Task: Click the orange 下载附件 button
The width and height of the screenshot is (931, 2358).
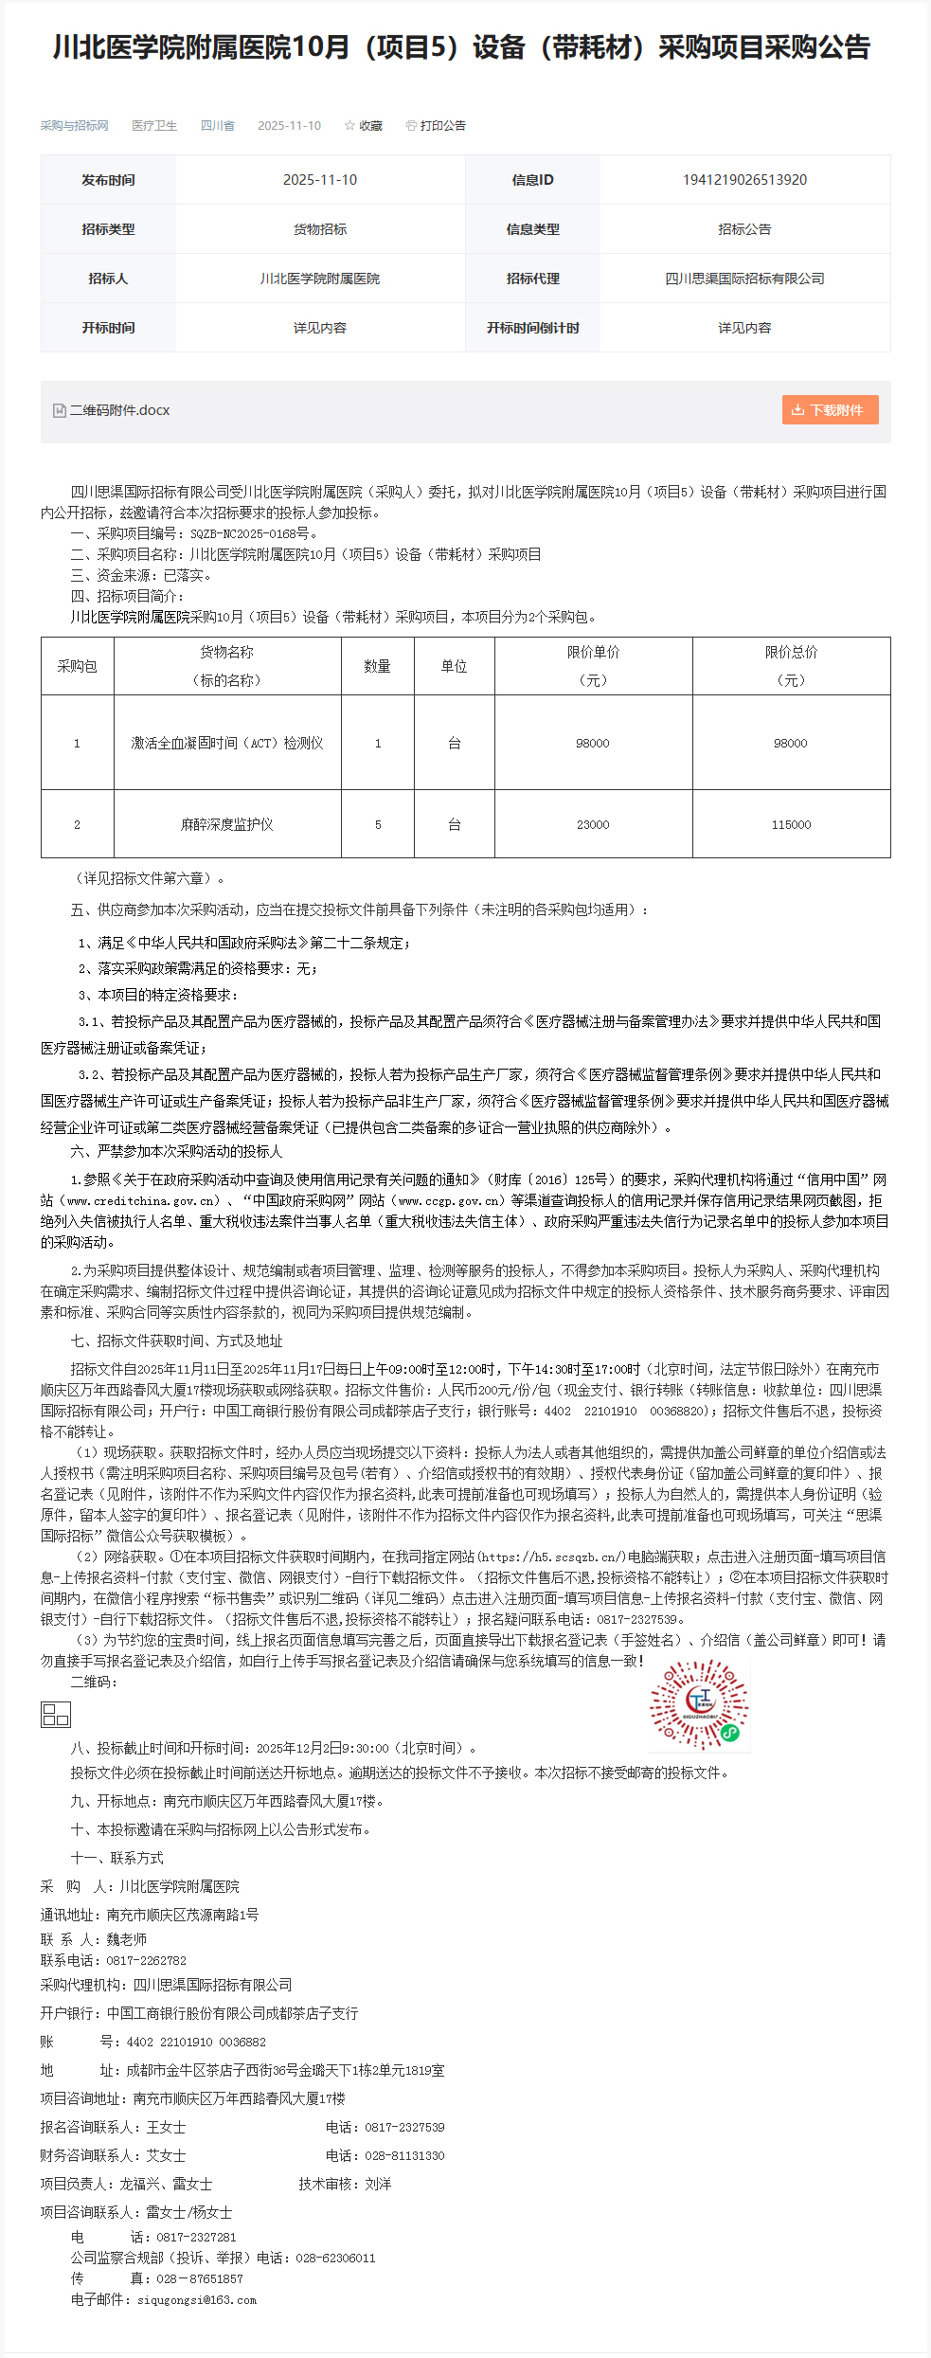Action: tap(830, 410)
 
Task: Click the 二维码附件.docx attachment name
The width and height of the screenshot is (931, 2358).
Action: tap(119, 410)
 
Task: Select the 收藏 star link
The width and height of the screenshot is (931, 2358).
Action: tap(364, 126)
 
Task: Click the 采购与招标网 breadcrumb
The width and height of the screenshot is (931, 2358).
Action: tap(74, 126)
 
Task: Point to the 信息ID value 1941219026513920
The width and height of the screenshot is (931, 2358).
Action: tap(744, 180)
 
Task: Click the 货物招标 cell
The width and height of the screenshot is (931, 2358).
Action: tap(320, 229)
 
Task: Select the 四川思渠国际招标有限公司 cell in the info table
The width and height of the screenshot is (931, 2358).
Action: tap(744, 279)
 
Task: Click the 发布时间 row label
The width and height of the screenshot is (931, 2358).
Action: tap(108, 180)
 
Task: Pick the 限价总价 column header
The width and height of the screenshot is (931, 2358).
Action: tap(791, 665)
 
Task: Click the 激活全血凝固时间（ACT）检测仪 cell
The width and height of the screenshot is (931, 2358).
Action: tap(227, 743)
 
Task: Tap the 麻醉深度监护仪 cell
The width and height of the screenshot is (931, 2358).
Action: tap(227, 824)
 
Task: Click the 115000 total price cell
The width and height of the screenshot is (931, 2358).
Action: tap(791, 824)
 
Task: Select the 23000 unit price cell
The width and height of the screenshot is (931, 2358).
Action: tap(593, 824)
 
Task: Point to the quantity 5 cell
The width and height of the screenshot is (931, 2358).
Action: tap(378, 824)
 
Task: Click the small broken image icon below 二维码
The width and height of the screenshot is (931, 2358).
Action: tap(56, 1714)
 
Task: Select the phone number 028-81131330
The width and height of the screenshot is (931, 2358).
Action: tap(404, 2155)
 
